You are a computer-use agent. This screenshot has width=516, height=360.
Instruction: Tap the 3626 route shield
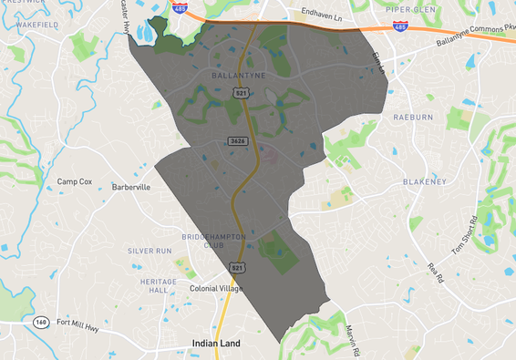pos(238,140)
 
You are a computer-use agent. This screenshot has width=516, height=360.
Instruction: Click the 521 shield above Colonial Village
pos(237,267)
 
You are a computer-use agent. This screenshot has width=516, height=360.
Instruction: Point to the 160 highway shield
pos(42,322)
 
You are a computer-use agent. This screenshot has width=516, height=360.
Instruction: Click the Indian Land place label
pos(220,344)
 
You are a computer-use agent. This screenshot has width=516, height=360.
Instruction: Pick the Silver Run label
pos(150,250)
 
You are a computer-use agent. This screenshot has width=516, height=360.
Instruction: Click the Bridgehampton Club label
pos(214,240)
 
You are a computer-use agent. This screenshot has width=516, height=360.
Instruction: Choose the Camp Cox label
pos(75,181)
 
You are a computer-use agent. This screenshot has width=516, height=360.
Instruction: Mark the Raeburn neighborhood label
pos(413,118)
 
